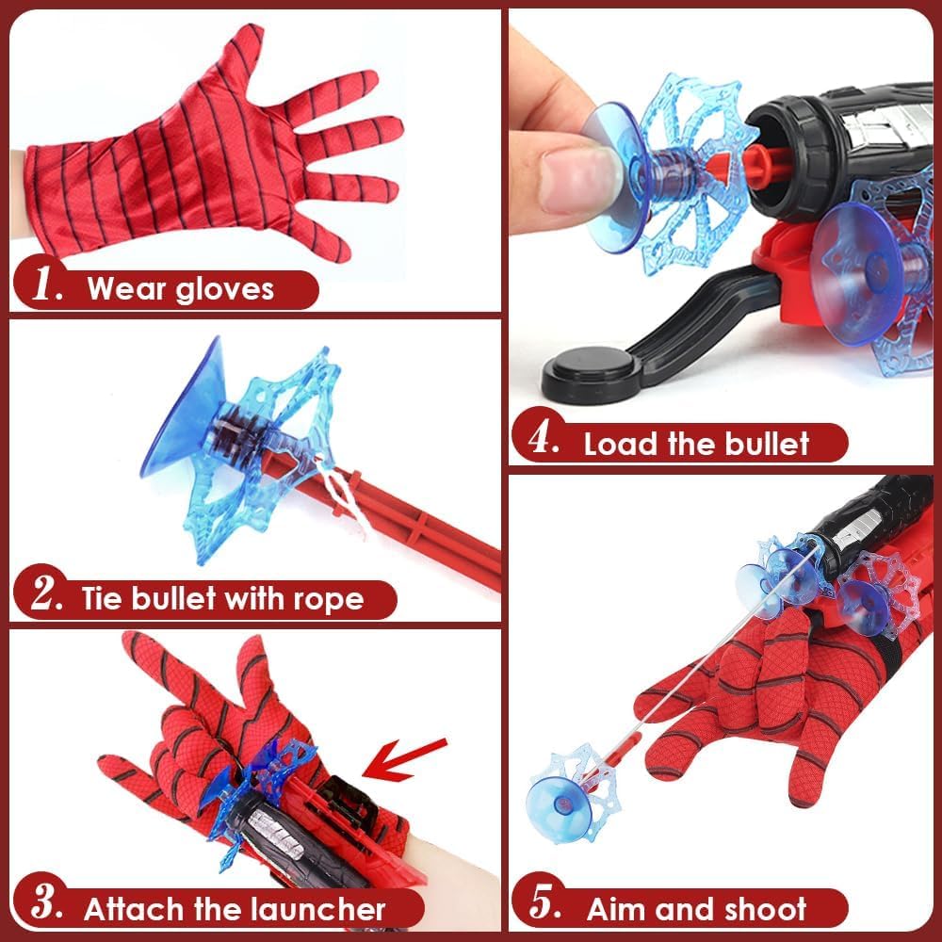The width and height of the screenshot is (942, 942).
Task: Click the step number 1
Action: pos(45,287)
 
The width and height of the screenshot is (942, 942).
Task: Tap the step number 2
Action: pos(45,597)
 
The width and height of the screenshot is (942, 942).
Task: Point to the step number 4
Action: pos(544,443)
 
